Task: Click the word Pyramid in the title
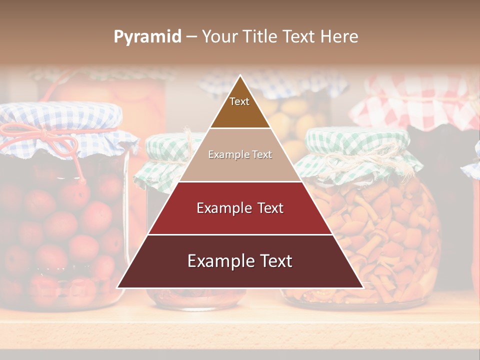coord(147,37)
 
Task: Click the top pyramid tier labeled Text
coord(239,107)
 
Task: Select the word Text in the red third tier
coord(267,208)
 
